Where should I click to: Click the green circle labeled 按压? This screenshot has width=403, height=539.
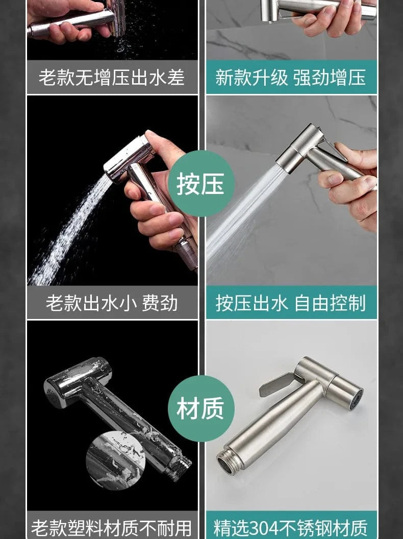(201, 183)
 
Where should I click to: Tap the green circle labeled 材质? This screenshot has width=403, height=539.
(201, 408)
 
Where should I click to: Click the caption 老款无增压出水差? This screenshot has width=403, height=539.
(112, 77)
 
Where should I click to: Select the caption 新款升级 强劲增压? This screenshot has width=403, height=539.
(291, 77)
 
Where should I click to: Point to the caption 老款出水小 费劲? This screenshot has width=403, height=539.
(112, 303)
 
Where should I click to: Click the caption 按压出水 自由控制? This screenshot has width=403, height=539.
(291, 303)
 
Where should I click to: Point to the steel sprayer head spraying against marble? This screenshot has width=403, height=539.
(299, 148)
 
